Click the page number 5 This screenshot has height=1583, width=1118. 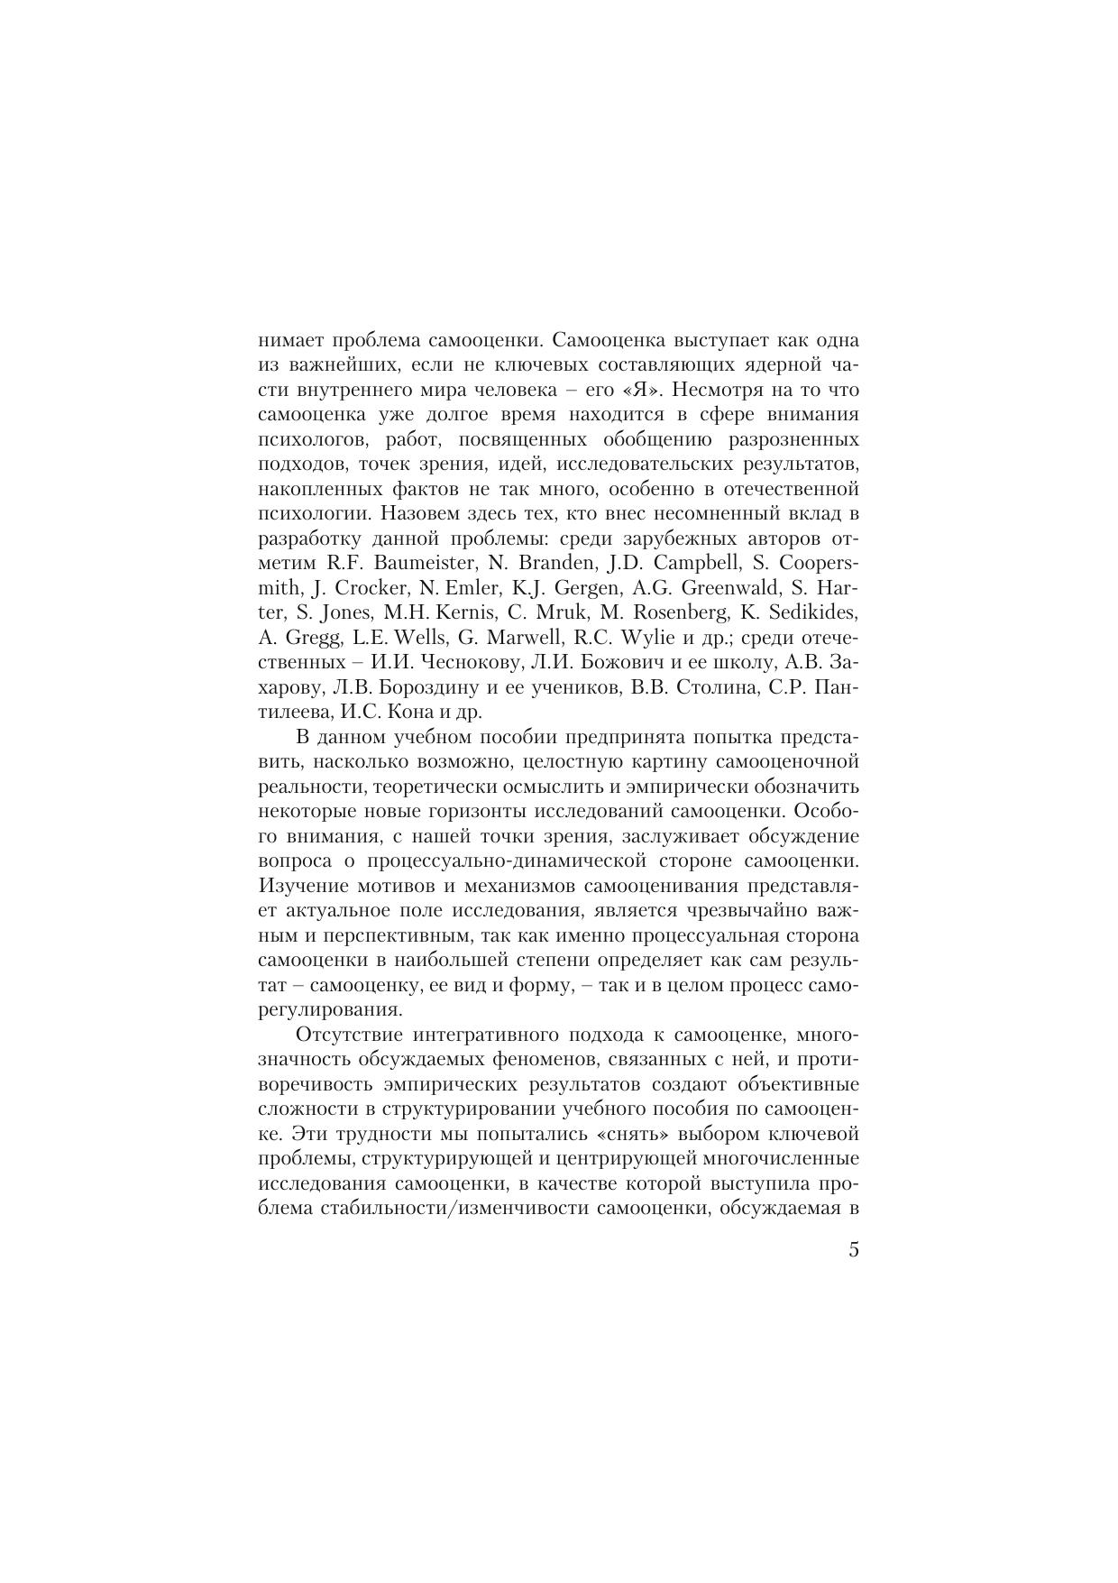853,1250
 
